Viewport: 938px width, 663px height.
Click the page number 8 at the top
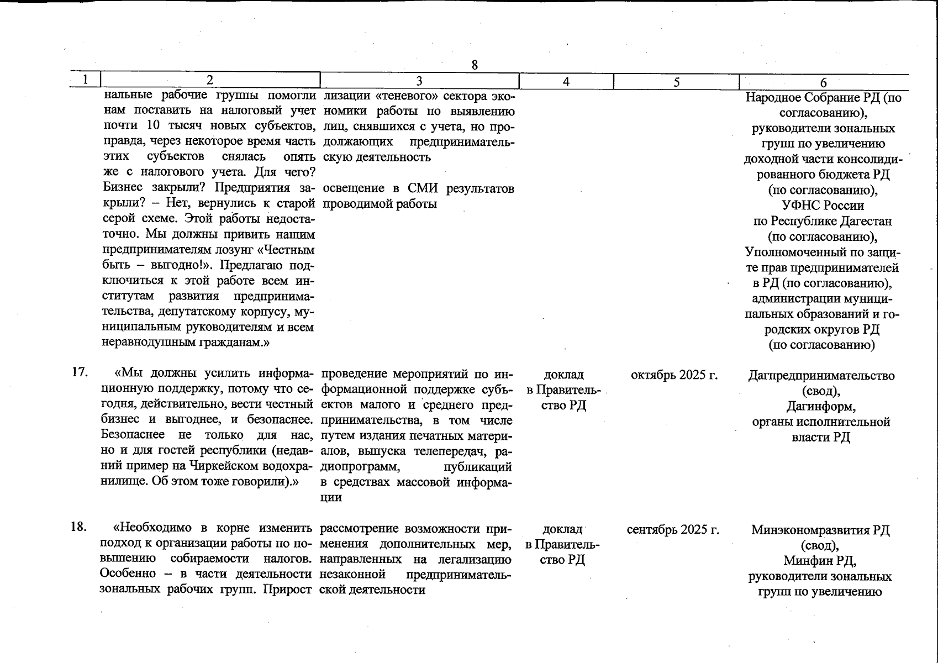pos(474,65)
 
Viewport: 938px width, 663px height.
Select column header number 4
pos(566,82)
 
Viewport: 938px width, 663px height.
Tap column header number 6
pos(823,82)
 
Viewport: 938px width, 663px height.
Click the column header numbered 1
pos(85,80)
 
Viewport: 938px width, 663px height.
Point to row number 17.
pos(80,372)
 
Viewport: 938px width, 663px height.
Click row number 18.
pos(79,527)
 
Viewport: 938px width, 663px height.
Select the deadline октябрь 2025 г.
pos(674,375)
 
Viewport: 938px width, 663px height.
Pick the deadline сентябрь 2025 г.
pos(673,530)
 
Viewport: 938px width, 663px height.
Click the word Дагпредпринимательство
pos(821,376)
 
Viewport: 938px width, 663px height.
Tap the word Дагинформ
pos(821,407)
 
